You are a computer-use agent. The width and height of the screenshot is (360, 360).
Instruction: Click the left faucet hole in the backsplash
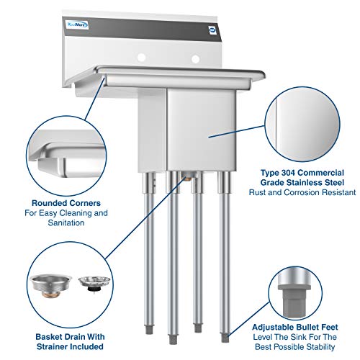point(143,56)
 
